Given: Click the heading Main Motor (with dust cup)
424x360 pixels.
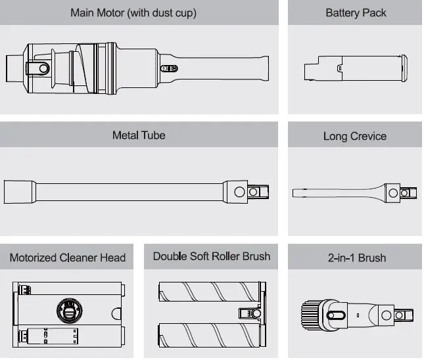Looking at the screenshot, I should [143, 12].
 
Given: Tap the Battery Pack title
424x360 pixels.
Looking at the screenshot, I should [356, 12].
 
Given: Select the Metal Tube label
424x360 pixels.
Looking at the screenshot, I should [139, 135].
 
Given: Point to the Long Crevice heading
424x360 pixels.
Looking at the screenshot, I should [355, 136].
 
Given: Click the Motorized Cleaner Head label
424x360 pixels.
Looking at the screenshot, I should [68, 258].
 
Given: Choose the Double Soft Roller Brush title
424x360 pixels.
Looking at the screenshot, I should [212, 256].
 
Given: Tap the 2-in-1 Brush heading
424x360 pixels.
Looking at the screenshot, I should [356, 258].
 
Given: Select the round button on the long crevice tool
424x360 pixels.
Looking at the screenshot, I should [394, 192].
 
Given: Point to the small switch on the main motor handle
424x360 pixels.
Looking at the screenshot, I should [170, 68].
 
